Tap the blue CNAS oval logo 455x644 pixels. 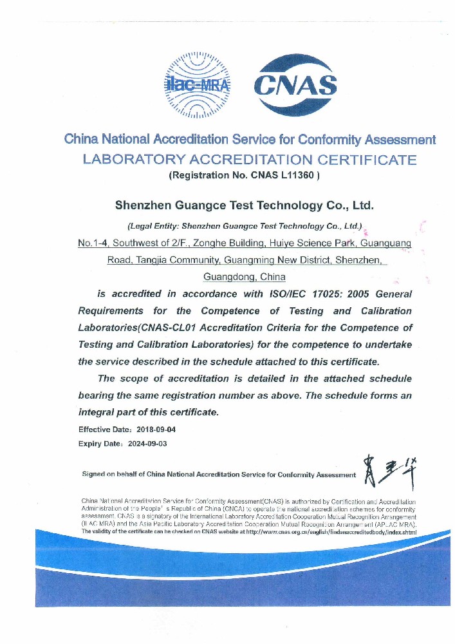coord(295,85)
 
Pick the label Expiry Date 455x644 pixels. coord(96,444)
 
